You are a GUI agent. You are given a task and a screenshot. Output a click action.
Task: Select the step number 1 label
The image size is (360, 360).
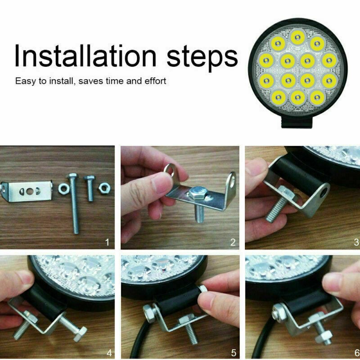[107, 243]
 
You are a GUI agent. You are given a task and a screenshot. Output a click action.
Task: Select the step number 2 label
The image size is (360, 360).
[233, 243]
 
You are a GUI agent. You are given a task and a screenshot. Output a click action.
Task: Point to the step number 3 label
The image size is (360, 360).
[356, 243]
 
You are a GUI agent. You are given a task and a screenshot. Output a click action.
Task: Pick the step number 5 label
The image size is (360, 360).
[233, 352]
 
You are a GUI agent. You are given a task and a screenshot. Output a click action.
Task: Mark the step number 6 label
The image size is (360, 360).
[356, 352]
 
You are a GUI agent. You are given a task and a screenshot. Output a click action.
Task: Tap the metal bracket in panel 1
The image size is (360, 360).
[27, 191]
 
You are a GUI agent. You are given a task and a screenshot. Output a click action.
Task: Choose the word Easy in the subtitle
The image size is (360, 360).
[25, 81]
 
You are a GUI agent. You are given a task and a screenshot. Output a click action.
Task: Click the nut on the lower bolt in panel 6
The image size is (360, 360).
[324, 335]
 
